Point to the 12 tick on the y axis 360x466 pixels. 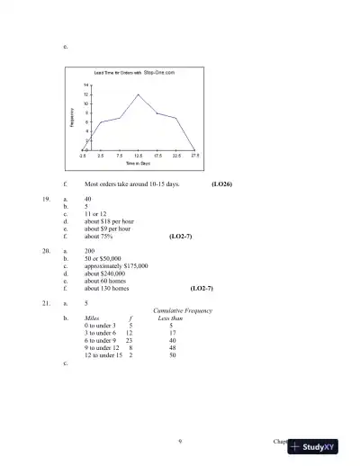coord(86,94)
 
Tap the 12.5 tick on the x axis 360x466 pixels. coord(138,156)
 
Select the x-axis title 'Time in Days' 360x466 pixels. coord(138,163)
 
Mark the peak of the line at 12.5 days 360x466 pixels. coord(138,94)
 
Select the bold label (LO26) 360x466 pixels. coord(221,184)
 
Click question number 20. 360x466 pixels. coord(46,251)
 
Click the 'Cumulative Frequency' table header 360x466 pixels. coord(183,310)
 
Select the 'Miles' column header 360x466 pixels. coord(91,318)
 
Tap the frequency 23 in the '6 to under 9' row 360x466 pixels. coord(130,340)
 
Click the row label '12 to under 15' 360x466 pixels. coord(103,355)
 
